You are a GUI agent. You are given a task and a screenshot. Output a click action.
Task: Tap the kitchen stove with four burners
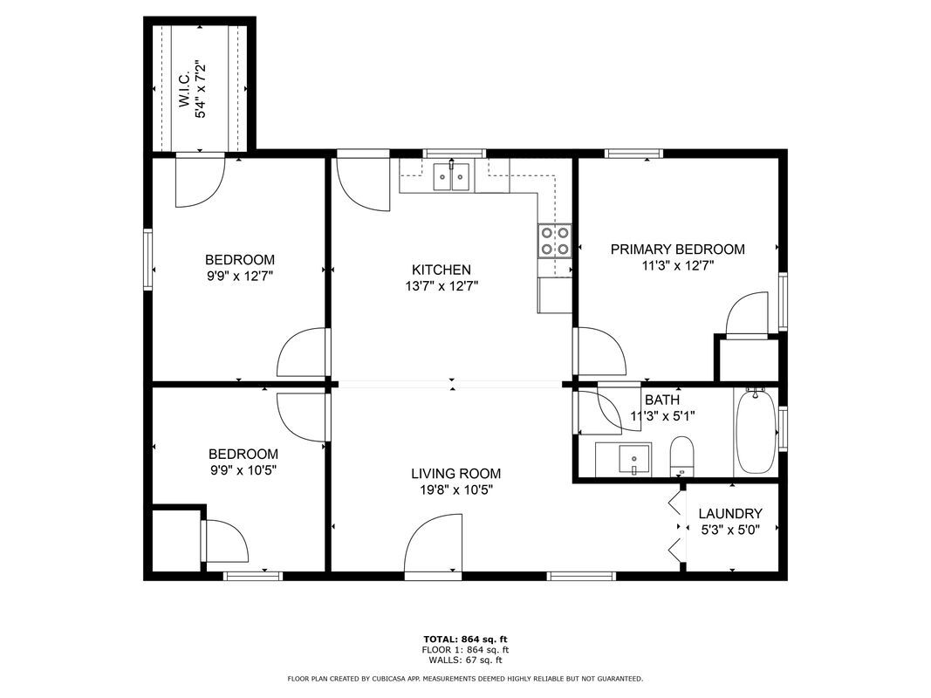point(555,241)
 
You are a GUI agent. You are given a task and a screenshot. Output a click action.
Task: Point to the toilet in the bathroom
point(681,456)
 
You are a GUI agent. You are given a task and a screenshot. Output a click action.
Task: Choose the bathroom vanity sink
point(635,458)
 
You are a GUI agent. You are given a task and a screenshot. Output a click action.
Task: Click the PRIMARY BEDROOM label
point(677,250)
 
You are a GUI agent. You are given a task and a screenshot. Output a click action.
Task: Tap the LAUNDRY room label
point(731,514)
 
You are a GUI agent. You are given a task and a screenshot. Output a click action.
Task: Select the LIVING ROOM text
point(455,474)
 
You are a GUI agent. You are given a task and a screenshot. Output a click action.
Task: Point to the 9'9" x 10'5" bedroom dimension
point(243,469)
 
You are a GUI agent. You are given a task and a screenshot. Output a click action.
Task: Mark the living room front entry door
point(433,545)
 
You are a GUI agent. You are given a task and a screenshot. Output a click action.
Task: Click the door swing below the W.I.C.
point(200,182)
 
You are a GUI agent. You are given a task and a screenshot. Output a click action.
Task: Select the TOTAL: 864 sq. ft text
point(465,639)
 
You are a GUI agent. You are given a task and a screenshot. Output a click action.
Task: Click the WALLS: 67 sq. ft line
point(465,660)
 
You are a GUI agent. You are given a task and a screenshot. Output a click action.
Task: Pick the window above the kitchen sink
point(454,154)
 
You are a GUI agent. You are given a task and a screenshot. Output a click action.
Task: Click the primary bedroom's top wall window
point(632,154)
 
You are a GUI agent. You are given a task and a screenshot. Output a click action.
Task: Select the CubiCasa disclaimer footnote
point(465,678)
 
